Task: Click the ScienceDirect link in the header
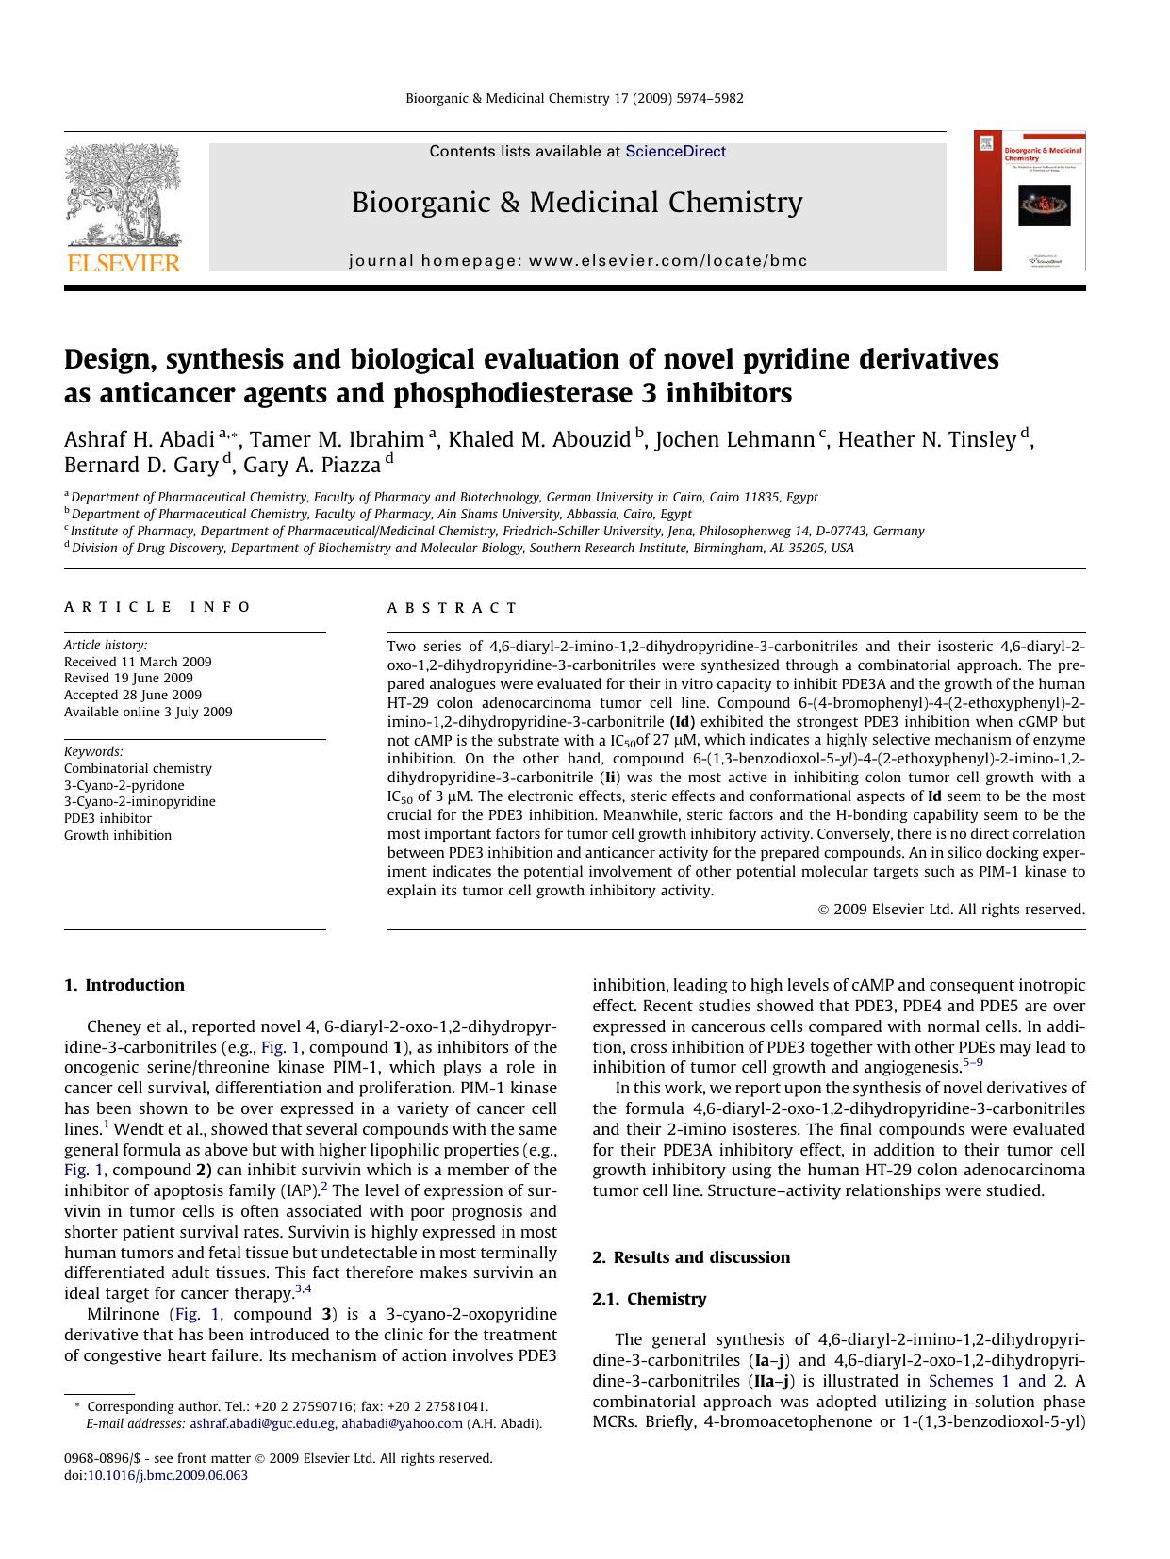675,151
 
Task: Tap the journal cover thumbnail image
1030,201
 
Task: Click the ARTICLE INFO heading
157,607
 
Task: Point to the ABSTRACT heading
453,608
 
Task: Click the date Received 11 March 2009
138,662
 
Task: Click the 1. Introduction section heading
124,985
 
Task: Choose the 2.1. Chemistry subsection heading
649,1299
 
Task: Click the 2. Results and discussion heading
691,1257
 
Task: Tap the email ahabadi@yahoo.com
402,1423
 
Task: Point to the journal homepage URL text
578,261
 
